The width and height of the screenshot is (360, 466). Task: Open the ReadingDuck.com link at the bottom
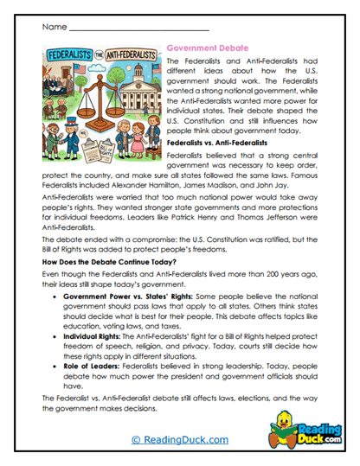click(178, 440)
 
